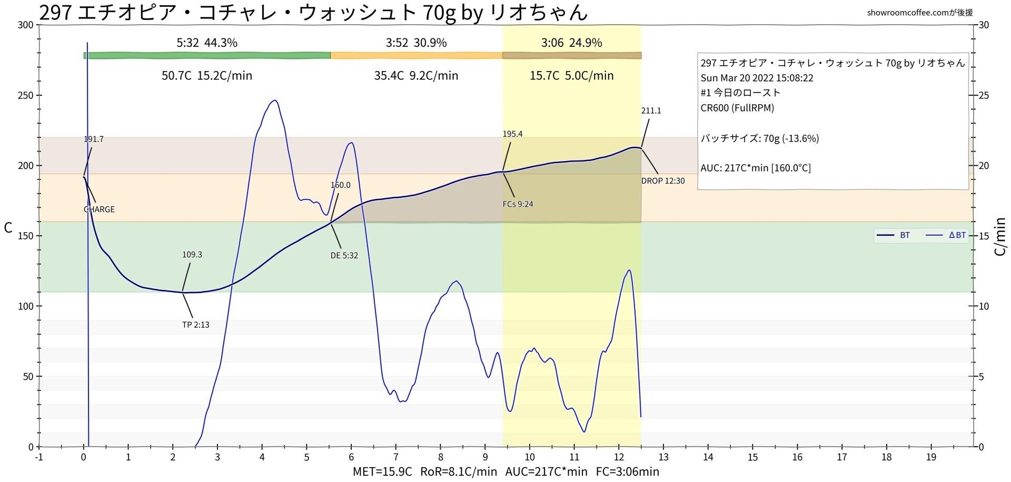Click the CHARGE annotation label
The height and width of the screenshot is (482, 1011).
point(99,209)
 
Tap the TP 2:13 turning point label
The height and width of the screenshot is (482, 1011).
point(195,325)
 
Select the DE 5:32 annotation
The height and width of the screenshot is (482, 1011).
point(344,256)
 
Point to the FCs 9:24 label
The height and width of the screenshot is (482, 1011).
point(518,204)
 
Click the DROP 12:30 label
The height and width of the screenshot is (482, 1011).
point(662,181)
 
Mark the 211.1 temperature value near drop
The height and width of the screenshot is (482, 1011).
point(651,111)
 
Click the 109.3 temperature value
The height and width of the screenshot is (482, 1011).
point(192,255)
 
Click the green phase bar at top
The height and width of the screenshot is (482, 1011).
point(207,55)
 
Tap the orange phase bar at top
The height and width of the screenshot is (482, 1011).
point(416,55)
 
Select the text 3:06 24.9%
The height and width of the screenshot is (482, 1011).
point(571,43)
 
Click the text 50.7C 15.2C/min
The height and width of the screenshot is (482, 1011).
point(207,76)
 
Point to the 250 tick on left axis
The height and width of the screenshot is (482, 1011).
point(26,96)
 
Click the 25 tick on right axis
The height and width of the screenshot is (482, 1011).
point(983,96)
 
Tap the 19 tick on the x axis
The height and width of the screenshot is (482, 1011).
point(931,458)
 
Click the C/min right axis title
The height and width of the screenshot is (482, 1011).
point(1000,236)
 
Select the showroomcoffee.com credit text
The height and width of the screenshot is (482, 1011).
point(919,13)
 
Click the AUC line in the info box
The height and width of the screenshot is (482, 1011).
point(755,168)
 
